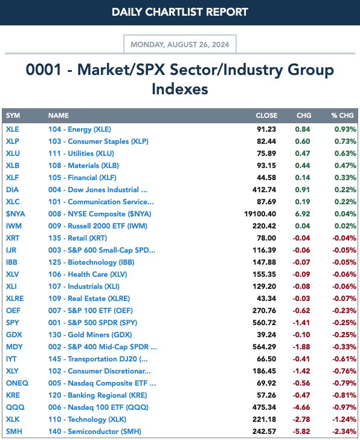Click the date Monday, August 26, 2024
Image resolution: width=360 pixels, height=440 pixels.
click(180, 45)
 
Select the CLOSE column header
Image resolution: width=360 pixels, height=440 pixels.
click(266, 115)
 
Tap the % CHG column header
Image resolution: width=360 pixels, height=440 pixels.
click(342, 115)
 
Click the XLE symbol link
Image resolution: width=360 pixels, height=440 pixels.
click(13, 129)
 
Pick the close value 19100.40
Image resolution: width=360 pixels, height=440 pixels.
click(260, 214)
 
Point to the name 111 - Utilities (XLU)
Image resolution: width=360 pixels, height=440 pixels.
click(81, 154)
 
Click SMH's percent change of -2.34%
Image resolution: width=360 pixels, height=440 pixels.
click(344, 432)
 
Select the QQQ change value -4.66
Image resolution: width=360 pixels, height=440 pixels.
click(301, 407)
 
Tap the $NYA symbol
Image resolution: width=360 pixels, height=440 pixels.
click(16, 214)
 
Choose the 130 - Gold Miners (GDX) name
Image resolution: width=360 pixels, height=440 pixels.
click(90, 335)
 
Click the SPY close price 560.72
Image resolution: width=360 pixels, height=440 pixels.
click(264, 323)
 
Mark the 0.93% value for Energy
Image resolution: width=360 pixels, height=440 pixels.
click(346, 129)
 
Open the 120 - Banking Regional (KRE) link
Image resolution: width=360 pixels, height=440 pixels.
click(98, 395)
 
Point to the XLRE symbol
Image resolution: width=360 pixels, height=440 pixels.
click(15, 299)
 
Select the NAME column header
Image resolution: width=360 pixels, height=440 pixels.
click(59, 115)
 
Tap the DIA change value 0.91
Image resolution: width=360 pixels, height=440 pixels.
click(303, 190)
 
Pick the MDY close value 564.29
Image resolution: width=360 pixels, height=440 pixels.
click(264, 347)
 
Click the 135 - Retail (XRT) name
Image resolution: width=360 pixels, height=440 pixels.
click(78, 238)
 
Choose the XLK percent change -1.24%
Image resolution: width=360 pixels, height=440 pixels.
click(344, 419)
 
